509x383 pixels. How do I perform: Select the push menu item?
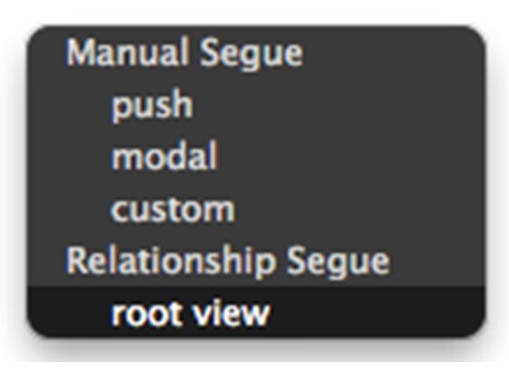(x=152, y=105)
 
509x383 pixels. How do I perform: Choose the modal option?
(x=164, y=156)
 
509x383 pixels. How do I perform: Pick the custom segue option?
(x=172, y=210)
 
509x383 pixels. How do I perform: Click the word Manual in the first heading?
(x=128, y=53)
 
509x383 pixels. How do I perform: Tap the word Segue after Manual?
(x=251, y=54)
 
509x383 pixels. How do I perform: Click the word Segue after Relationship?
(x=338, y=262)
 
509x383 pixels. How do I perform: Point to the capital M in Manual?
(x=82, y=53)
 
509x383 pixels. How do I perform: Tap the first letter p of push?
(x=122, y=108)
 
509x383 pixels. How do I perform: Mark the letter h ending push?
(x=182, y=103)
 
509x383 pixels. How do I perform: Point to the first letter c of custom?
(x=120, y=211)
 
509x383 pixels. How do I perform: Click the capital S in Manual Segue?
(x=210, y=53)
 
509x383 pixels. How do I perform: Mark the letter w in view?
(x=254, y=314)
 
